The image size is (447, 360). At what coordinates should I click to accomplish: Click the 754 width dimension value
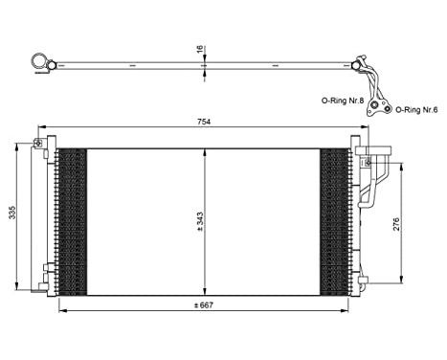point(204,123)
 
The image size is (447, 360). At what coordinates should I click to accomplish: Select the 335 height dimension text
point(12,212)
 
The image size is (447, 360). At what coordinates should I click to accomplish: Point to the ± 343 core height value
point(199,221)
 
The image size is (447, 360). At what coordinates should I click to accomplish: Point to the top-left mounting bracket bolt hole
point(37,144)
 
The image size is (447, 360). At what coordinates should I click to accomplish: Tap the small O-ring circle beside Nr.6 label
point(386,109)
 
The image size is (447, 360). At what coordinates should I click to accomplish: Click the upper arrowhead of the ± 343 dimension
point(206,151)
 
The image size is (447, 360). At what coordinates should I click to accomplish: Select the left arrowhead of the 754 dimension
point(40,129)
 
